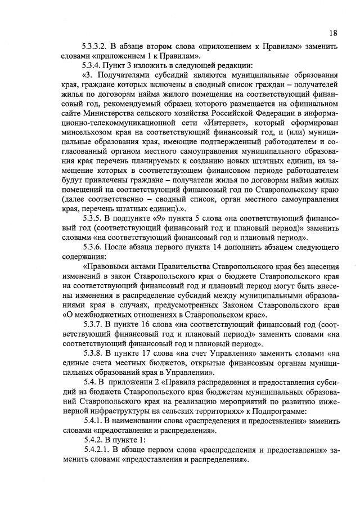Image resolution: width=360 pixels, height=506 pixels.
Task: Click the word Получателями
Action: pyautogui.click(x=124, y=75)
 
